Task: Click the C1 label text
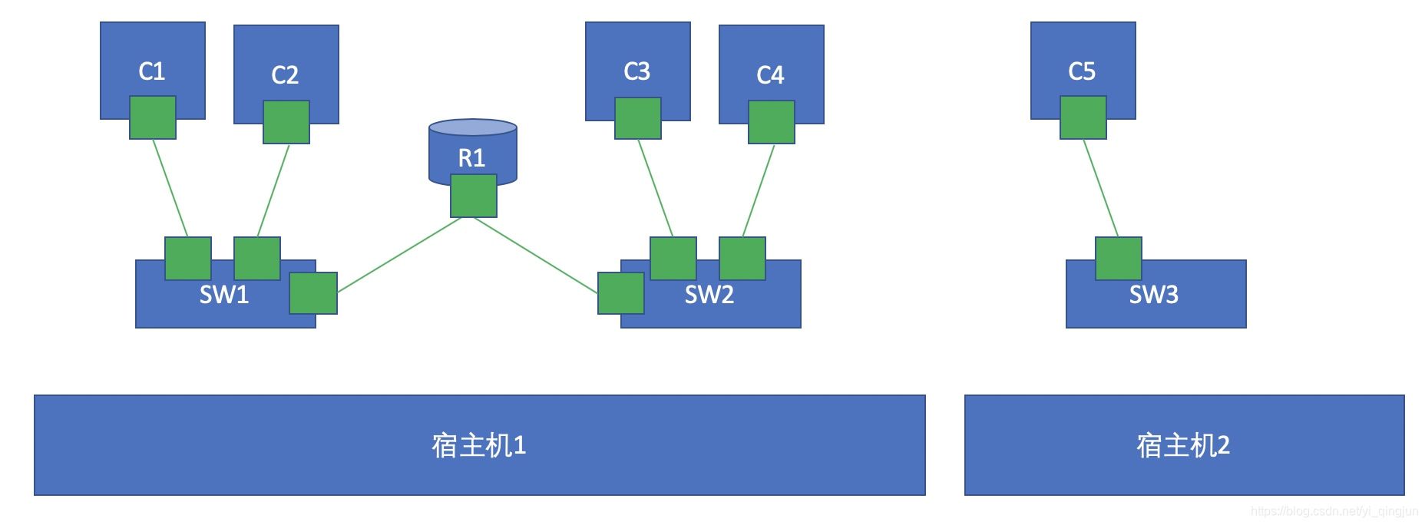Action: pyautogui.click(x=152, y=71)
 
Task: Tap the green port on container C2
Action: pyautogui.click(x=286, y=122)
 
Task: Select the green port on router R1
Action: pyautogui.click(x=474, y=196)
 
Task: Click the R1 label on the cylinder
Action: pyautogui.click(x=471, y=158)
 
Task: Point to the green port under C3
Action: pyautogui.click(x=638, y=118)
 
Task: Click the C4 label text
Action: pyautogui.click(x=770, y=75)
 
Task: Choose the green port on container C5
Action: pyautogui.click(x=1083, y=117)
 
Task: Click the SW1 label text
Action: pyautogui.click(x=224, y=295)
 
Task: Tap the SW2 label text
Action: pyautogui.click(x=709, y=295)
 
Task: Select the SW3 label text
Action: pyautogui.click(x=1153, y=295)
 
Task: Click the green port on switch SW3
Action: pyautogui.click(x=1119, y=259)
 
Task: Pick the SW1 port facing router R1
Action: pyautogui.click(x=313, y=293)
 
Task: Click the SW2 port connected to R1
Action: pyautogui.click(x=621, y=293)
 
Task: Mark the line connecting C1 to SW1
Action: pyautogui.click(x=170, y=188)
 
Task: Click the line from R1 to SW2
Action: pyautogui.click(x=536, y=256)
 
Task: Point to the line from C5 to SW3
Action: pyautogui.click(x=1101, y=188)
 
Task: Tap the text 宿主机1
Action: pyautogui.click(x=479, y=446)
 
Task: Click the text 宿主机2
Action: pyautogui.click(x=1183, y=446)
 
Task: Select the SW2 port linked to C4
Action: pyautogui.click(x=742, y=259)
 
